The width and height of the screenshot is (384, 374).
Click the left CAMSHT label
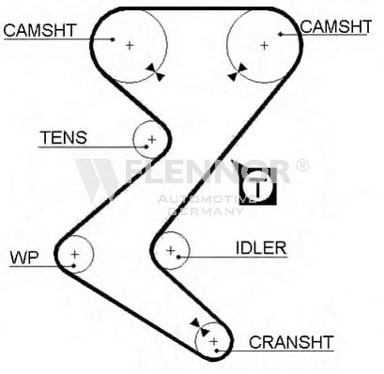tap(40, 30)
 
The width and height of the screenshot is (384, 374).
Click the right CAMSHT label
tap(336, 26)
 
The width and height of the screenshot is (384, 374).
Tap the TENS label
tap(64, 137)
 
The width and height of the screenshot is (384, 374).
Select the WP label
tap(24, 257)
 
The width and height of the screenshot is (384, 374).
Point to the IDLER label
tap(261, 248)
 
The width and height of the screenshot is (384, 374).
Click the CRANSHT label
tap(291, 342)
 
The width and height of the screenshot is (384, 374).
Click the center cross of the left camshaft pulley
tap(130, 46)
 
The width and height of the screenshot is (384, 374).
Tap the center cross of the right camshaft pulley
tap(264, 46)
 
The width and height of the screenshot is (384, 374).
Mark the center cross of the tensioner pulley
tap(152, 139)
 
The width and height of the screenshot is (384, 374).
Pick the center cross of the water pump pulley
tap(74, 254)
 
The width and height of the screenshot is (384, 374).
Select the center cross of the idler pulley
tap(171, 250)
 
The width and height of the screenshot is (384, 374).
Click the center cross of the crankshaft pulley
tap(214, 341)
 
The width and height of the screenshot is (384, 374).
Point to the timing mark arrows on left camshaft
tap(155, 72)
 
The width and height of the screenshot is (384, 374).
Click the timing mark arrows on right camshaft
tap(238, 72)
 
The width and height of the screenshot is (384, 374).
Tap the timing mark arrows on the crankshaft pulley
tap(200, 327)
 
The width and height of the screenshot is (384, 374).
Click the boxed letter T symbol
tap(258, 186)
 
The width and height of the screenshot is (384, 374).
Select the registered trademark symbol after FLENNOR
tap(301, 165)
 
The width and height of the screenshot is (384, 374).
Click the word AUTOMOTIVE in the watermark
tap(207, 199)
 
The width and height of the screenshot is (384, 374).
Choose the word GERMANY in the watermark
tap(206, 211)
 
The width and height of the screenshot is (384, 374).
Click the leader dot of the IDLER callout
tap(178, 257)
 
